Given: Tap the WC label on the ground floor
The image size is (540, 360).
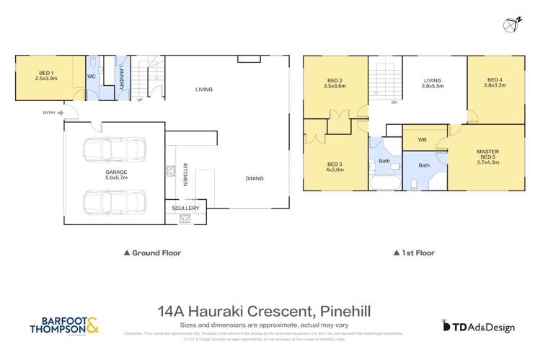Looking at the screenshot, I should [x=92, y=76].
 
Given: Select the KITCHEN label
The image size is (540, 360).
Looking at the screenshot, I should [x=185, y=173].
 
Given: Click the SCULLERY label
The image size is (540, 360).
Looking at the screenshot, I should [x=185, y=208].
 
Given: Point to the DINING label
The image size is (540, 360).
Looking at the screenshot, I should [x=254, y=178].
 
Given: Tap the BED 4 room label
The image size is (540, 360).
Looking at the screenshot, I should [x=495, y=83].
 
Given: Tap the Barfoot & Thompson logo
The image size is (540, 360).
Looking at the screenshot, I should [x=64, y=325].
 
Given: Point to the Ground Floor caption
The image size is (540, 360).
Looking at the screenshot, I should [x=152, y=253].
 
